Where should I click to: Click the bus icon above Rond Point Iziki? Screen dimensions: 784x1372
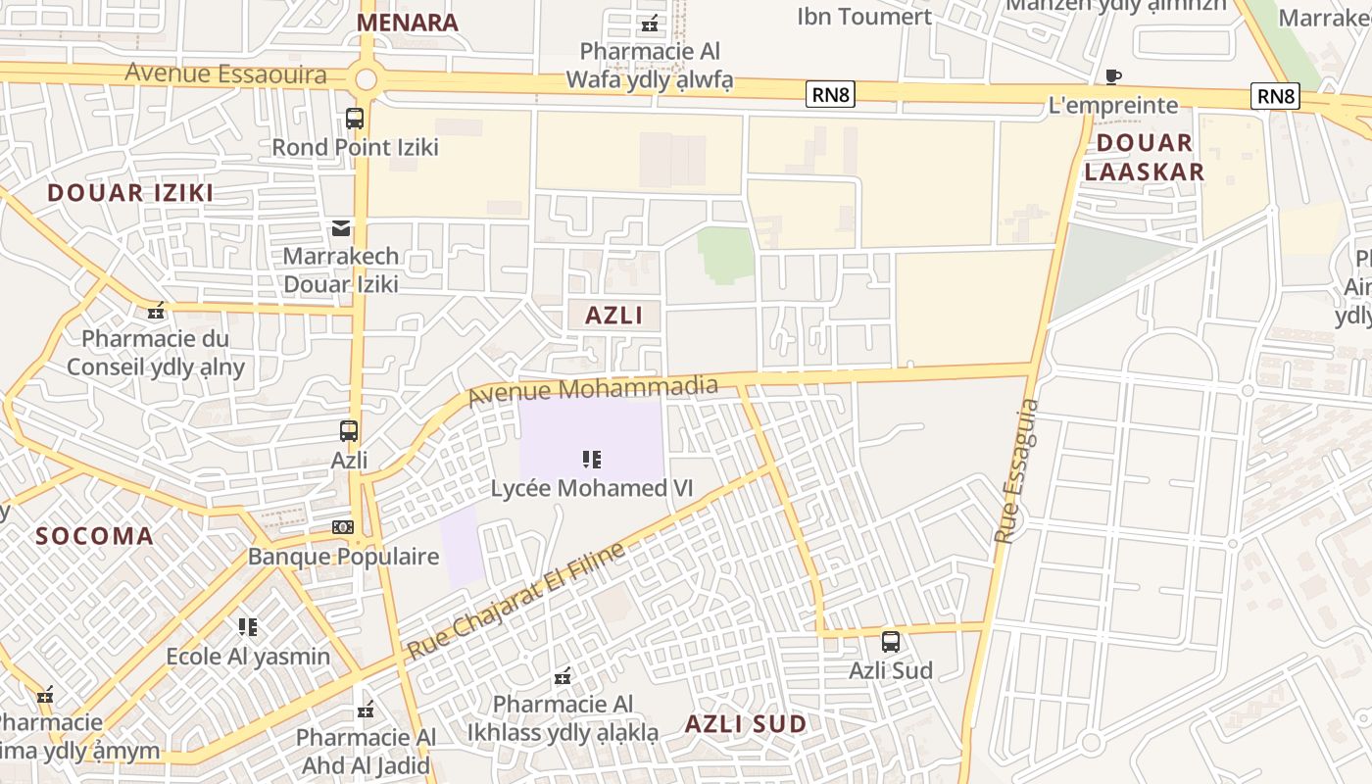click(x=355, y=119)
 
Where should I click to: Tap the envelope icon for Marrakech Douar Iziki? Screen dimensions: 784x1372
click(x=341, y=228)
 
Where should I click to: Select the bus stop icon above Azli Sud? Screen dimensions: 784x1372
click(x=891, y=642)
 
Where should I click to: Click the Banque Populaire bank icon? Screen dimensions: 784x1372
click(x=342, y=527)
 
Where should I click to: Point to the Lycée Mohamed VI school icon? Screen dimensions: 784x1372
click(x=591, y=459)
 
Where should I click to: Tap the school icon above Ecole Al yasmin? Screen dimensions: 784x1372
click(x=248, y=626)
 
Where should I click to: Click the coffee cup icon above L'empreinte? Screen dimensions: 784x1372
click(x=1112, y=76)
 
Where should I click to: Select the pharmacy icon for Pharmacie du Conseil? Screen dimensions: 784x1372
click(x=155, y=312)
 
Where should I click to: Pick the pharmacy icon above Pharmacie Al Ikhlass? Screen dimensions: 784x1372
click(x=563, y=675)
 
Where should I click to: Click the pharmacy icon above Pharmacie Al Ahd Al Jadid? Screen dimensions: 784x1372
click(x=366, y=710)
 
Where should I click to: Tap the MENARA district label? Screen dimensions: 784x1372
click(x=407, y=23)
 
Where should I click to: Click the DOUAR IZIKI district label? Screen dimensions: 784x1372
click(x=130, y=192)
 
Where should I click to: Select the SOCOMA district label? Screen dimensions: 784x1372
click(x=95, y=536)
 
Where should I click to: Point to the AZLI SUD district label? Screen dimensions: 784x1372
click(x=746, y=724)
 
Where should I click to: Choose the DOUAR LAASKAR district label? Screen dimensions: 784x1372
click(x=1144, y=157)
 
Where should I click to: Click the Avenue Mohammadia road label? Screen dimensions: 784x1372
click(x=593, y=390)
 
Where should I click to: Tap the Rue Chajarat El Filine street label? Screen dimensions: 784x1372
click(x=516, y=601)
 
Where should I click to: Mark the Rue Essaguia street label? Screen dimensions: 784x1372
click(x=1016, y=470)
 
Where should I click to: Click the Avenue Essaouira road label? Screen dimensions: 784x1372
click(x=225, y=73)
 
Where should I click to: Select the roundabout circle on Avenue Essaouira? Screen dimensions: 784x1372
click(x=367, y=79)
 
